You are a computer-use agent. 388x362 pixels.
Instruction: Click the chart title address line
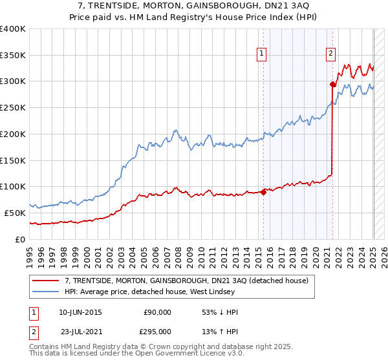coord(194,6)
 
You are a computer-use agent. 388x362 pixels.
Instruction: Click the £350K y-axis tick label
coord(13,56)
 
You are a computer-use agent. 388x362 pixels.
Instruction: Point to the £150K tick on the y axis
coord(13,160)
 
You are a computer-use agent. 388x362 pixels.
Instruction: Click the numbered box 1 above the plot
coord(262,54)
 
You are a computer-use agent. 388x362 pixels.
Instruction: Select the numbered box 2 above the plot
coord(330,54)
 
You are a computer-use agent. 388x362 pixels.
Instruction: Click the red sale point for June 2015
coord(264,191)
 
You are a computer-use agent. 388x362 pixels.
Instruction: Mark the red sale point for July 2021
coord(333,84)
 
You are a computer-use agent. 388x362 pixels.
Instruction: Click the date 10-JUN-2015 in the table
coord(80,313)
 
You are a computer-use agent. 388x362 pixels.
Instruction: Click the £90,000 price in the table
coord(157,313)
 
